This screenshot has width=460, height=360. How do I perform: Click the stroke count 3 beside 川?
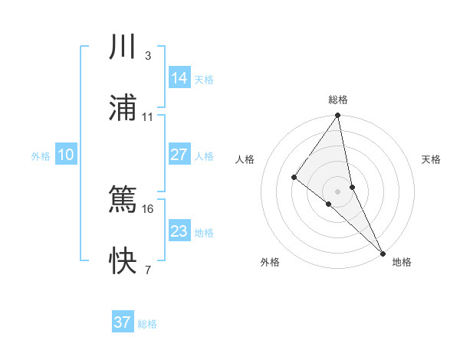point(148,56)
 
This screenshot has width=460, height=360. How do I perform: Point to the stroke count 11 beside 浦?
point(148,117)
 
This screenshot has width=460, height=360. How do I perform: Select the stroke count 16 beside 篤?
point(148,208)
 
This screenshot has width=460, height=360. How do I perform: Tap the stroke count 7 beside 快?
point(148,270)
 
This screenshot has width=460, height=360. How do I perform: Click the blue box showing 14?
point(179,77)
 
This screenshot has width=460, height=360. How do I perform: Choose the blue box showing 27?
point(179,155)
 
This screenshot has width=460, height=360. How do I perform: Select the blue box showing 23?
point(179,231)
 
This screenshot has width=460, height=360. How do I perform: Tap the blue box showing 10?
point(66,155)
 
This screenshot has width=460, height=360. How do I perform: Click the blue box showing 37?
point(123,322)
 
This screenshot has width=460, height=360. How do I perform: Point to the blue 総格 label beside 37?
point(147,324)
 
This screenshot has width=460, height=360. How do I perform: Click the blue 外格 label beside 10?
point(41,156)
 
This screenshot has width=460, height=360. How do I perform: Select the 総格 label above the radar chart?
point(338,100)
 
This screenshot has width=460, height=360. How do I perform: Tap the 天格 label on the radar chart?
point(431,159)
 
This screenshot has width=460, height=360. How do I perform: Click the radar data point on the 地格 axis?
point(383,252)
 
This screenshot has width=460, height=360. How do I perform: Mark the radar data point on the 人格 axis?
point(294,177)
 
